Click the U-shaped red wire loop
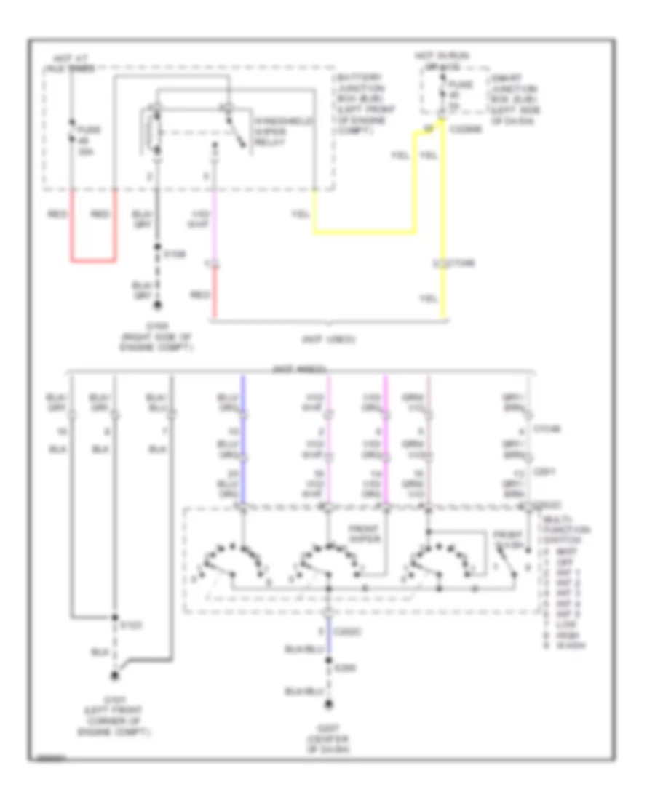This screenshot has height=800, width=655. [93, 259]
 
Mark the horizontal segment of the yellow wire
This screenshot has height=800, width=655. [364, 233]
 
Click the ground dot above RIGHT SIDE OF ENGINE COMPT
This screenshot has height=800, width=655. [156, 308]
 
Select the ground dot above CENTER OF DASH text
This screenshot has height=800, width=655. [329, 704]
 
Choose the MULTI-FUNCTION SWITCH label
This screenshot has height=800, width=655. [563, 527]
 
